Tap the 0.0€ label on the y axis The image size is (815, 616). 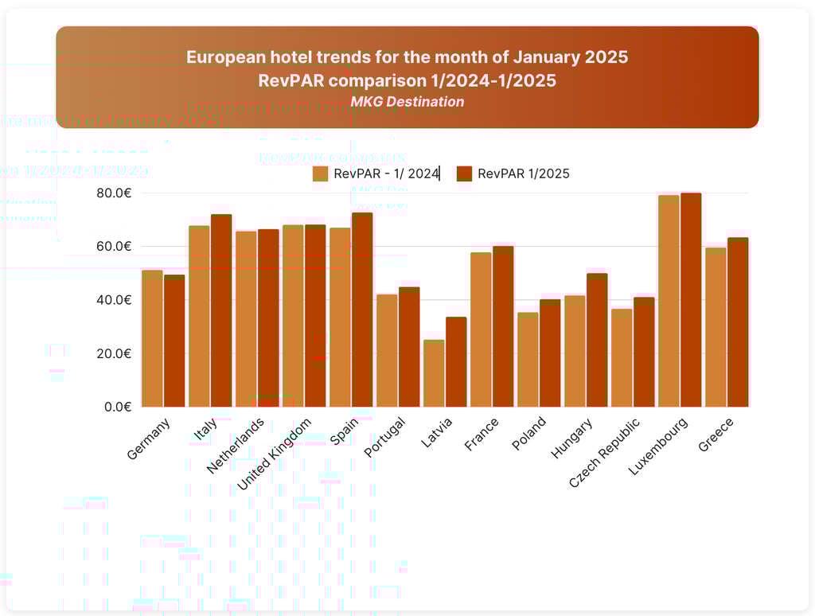117,407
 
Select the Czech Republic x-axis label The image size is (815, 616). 605,452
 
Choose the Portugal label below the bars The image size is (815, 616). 386,436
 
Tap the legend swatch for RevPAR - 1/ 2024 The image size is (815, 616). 320,173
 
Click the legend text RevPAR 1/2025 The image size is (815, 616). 523,173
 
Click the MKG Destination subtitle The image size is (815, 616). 407,102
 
